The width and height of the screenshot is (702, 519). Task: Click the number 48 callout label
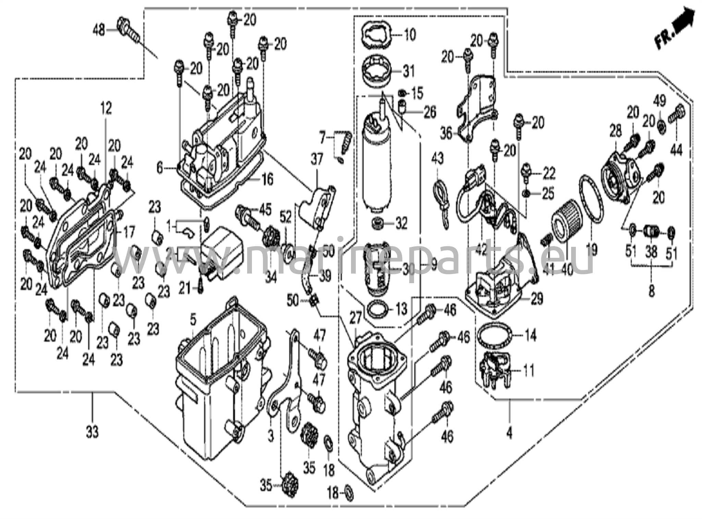(99, 31)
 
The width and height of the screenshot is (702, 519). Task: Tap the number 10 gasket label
(409, 35)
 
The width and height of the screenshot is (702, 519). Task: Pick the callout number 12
(106, 109)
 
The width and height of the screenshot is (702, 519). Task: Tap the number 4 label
(509, 434)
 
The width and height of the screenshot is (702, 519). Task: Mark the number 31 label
(408, 71)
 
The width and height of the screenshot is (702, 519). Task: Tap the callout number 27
(355, 319)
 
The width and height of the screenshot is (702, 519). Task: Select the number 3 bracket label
(271, 436)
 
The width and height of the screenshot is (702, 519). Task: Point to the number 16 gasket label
(267, 179)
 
